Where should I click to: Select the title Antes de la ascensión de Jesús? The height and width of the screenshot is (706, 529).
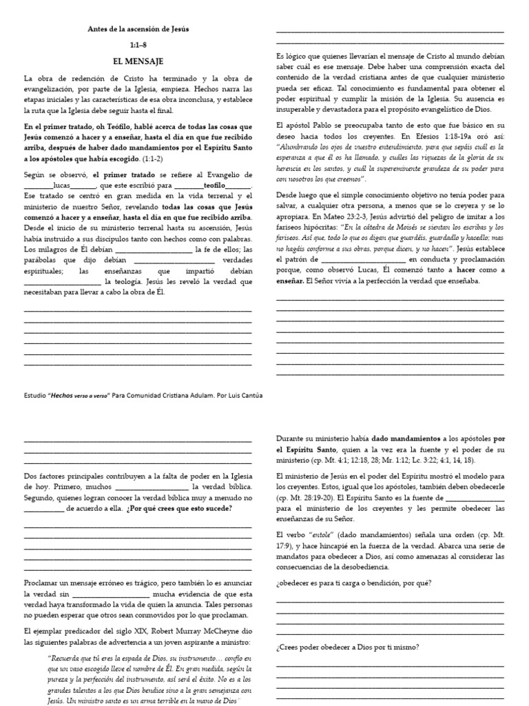[x=138, y=29]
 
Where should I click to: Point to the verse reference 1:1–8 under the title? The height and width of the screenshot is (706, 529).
[x=138, y=44]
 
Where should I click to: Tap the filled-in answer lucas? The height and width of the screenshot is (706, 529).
[x=61, y=186]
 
